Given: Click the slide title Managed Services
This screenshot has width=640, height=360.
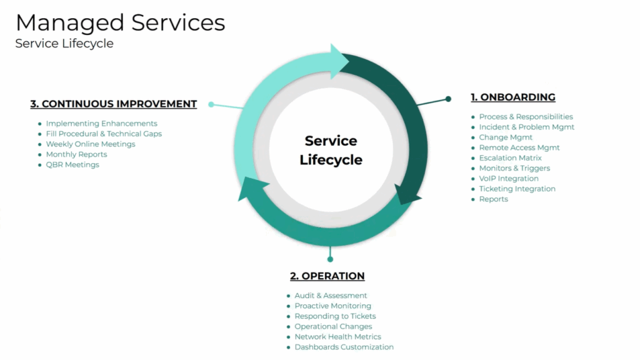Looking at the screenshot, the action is point(121,23).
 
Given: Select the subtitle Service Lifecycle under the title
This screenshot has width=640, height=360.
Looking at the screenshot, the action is point(64,43).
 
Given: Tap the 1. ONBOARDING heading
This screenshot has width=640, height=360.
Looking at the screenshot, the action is point(513,97).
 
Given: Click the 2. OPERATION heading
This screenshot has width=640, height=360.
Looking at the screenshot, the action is point(327,276).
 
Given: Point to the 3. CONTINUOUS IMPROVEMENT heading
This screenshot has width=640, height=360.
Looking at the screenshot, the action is point(114,104).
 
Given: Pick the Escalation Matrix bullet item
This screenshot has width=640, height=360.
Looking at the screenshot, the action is point(510,158).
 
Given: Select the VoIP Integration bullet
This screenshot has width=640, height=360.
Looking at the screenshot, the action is point(509,178).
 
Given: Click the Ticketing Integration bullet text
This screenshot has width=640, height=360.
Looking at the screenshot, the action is point(517,189).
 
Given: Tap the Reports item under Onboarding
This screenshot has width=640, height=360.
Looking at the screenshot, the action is point(494,199).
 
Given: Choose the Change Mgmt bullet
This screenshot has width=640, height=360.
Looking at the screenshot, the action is point(506,137).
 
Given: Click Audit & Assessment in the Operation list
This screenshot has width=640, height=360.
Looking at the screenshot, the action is point(331,296).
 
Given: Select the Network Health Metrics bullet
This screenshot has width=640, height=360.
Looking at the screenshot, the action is point(337,337).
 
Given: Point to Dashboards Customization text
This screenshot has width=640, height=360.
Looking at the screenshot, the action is point(344,347).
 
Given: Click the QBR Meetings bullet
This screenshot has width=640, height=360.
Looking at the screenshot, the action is point(72,165).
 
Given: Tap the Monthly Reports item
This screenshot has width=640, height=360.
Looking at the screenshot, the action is point(76,154).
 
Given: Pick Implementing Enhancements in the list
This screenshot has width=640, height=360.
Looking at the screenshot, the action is point(101,123).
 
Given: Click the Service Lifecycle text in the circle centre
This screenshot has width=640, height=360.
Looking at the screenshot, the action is point(331,150).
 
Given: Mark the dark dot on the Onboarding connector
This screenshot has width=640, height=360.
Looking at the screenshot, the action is point(448,99).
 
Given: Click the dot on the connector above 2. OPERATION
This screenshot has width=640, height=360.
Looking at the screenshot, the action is point(330,259).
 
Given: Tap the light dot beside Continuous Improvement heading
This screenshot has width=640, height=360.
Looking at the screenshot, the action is point(211,104).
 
